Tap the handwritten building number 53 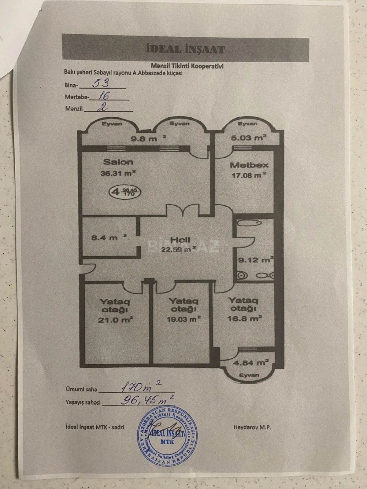[101, 83]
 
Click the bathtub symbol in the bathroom [249, 223]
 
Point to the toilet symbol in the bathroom [242, 275]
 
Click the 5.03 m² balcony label [248, 138]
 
